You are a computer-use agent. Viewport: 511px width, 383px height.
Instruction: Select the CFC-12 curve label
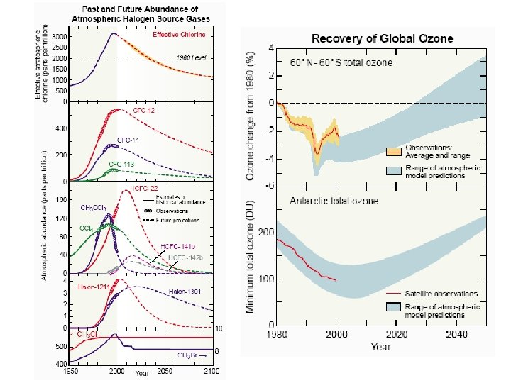(145, 112)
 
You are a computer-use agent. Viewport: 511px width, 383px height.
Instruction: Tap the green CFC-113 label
(121, 164)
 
